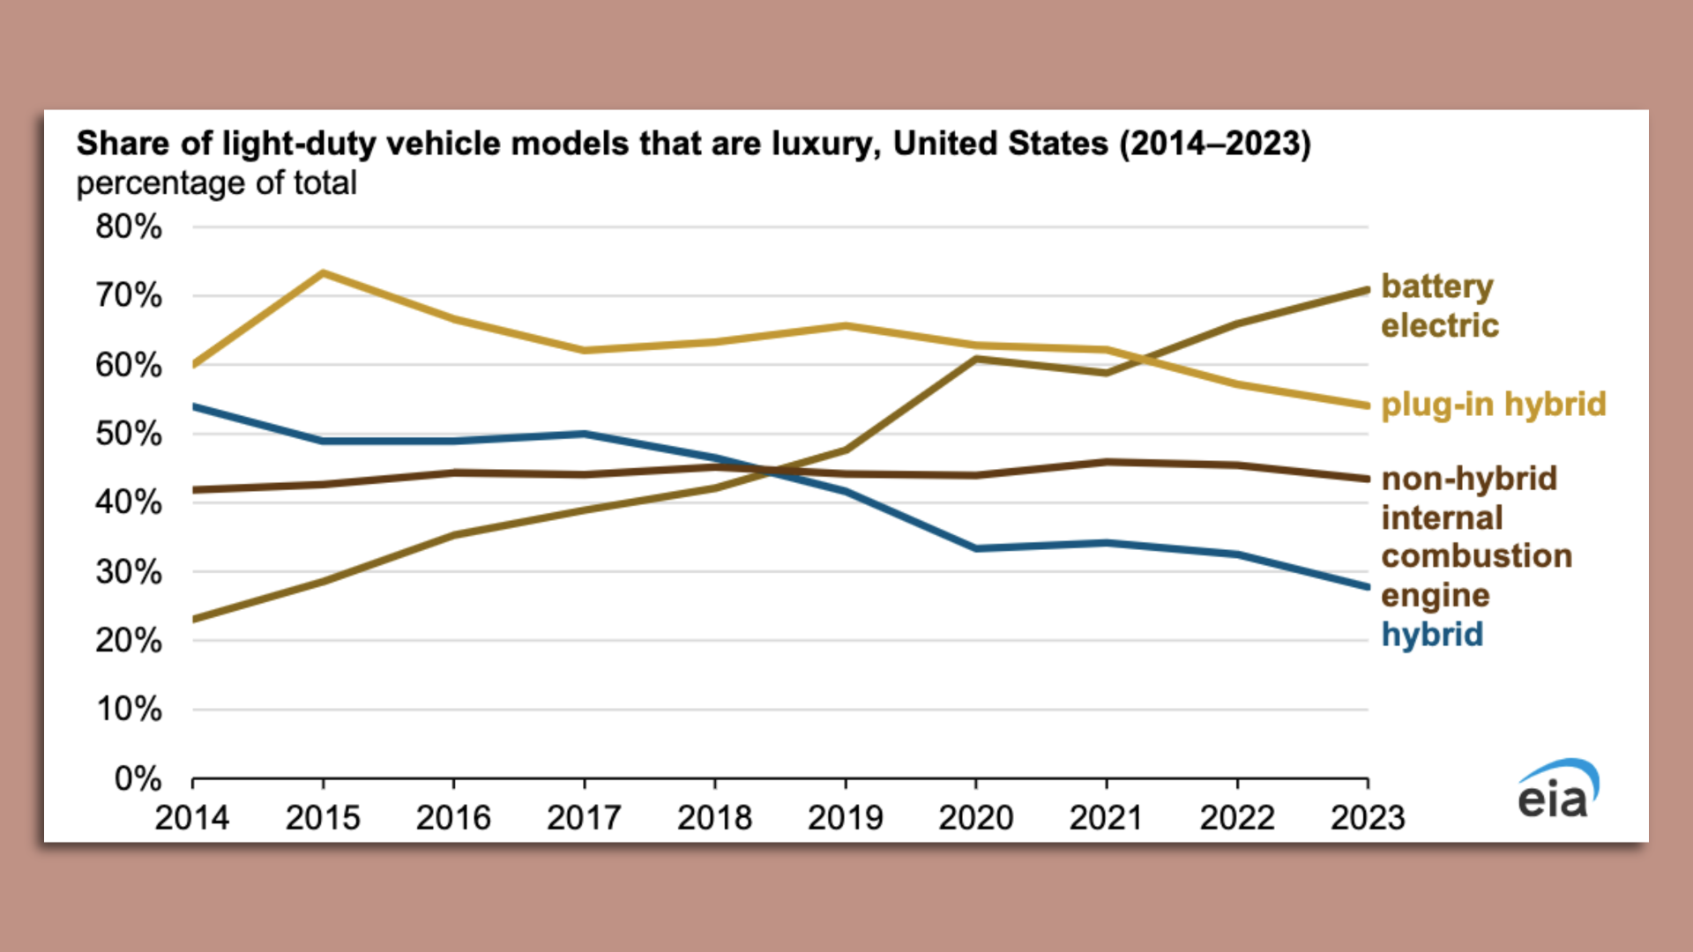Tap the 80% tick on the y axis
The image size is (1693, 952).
click(129, 227)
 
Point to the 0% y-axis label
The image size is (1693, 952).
click(138, 779)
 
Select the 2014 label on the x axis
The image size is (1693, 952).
click(192, 818)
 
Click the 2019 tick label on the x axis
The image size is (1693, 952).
click(845, 818)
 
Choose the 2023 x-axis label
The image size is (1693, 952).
click(1367, 818)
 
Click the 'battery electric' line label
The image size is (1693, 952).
click(1439, 306)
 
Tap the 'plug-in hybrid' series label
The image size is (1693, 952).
click(1494, 405)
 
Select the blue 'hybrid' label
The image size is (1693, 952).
click(1432, 635)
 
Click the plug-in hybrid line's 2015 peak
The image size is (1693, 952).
click(323, 273)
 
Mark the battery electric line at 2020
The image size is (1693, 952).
click(976, 359)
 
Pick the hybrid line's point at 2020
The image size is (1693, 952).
click(976, 548)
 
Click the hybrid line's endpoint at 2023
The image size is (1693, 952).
click(1367, 586)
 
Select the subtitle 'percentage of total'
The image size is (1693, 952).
click(216, 183)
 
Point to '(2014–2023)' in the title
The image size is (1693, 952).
click(1215, 144)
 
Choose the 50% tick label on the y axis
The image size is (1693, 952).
click(129, 434)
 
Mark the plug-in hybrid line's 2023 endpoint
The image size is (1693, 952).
click(1367, 405)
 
